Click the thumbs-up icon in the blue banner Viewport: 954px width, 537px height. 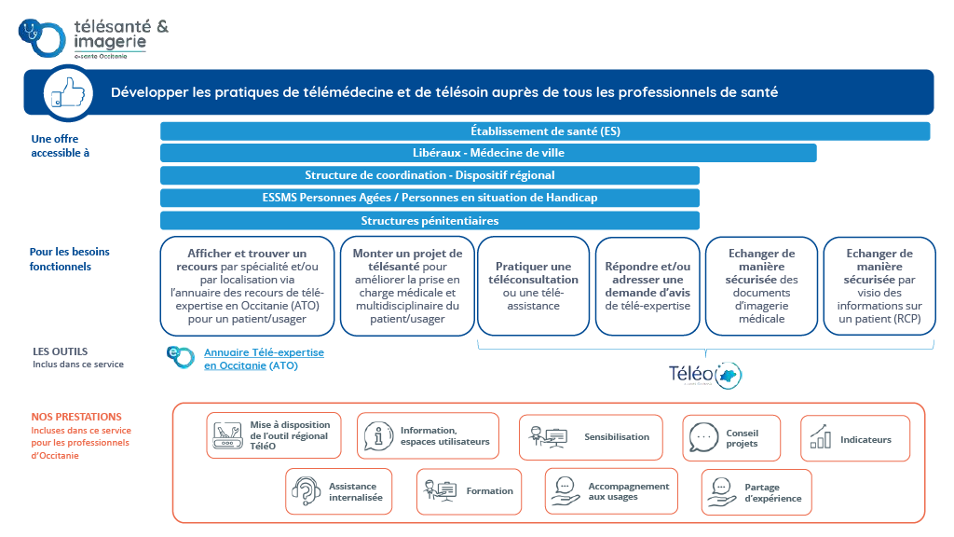(65, 92)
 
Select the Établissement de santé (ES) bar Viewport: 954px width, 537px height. (545, 131)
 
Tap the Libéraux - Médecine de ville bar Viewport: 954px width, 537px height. (488, 153)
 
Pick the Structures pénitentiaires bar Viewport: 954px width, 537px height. (429, 221)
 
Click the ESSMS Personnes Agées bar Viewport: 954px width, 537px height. (429, 198)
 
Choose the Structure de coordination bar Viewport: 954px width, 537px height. (429, 175)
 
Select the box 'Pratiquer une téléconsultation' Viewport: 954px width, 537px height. (534, 285)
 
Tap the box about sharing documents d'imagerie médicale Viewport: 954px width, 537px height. (761, 285)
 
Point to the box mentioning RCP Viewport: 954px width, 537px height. (879, 285)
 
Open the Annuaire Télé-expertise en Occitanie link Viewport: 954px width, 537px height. (264, 359)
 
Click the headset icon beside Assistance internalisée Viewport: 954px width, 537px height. (306, 491)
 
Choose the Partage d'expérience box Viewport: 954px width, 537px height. (756, 491)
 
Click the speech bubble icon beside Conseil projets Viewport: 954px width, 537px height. (704, 437)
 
